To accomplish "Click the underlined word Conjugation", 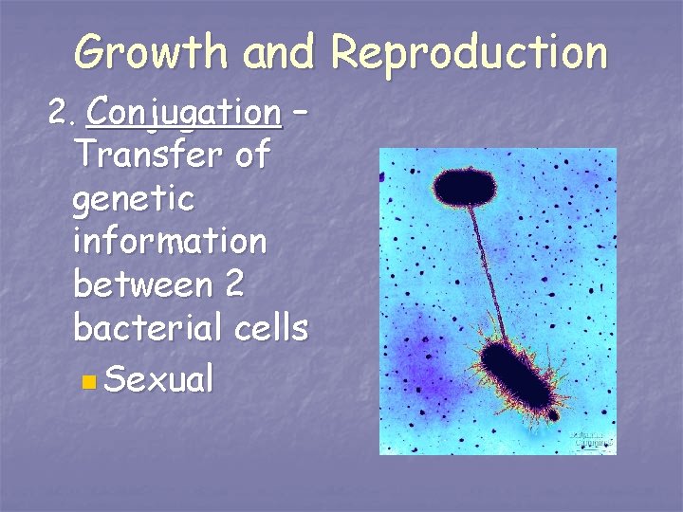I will (183, 114).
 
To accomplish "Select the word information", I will (170, 242).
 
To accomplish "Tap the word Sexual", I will (159, 380).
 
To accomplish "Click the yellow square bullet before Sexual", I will (88, 383).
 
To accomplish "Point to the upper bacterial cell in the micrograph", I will (466, 187).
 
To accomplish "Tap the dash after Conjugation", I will (301, 113).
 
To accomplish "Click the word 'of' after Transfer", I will (251, 154).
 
